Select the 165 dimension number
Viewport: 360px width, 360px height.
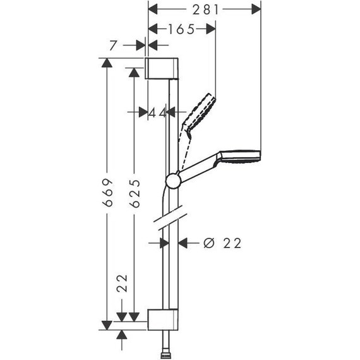(x=181, y=28)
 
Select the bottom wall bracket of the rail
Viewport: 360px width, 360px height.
(x=163, y=320)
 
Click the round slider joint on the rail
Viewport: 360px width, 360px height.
(x=172, y=181)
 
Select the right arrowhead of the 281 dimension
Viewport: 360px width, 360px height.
(x=255, y=9)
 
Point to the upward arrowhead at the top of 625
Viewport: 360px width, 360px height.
(x=134, y=71)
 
